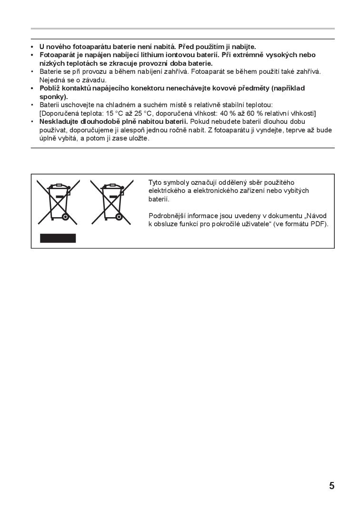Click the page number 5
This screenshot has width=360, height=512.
(331, 486)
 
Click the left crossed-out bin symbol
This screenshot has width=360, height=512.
(58, 202)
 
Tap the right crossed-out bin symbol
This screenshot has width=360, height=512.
(111, 202)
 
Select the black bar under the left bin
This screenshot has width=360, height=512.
(58, 238)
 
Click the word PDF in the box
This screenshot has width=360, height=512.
(318, 224)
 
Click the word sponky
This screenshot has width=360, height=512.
(52, 96)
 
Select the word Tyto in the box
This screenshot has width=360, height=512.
(155, 182)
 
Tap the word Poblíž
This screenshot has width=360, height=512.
(50, 88)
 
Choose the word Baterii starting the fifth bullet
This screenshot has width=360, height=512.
(50, 105)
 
